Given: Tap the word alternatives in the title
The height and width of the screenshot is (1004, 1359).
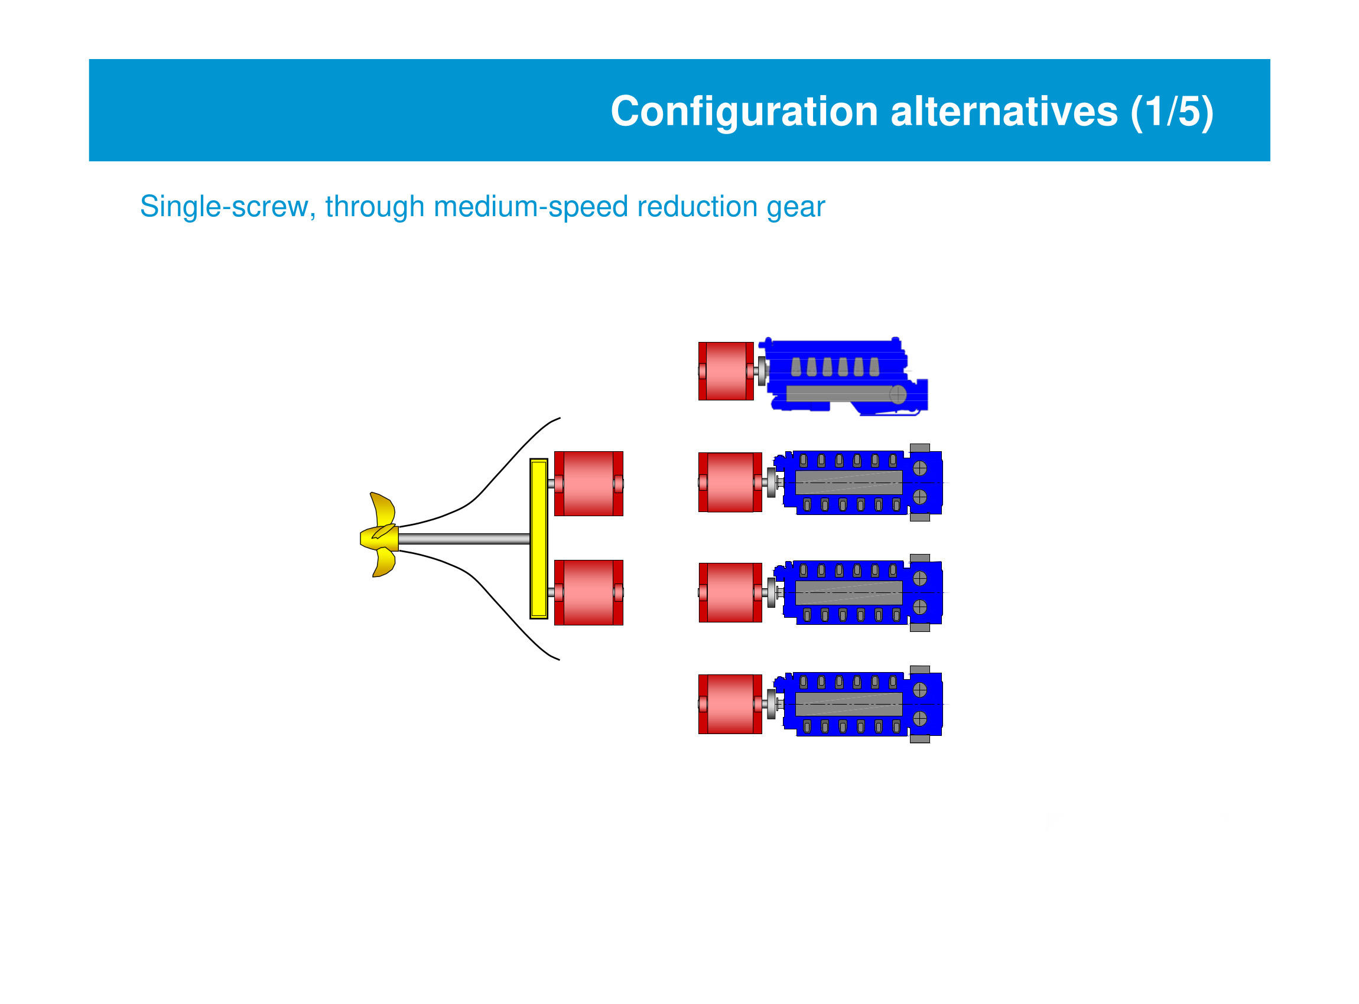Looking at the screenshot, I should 1003,112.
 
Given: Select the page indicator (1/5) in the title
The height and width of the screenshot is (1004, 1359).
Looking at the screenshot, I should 1172,112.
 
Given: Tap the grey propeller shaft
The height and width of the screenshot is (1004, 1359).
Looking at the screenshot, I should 464,539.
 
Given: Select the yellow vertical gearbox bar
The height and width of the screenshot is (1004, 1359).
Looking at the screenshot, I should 539,539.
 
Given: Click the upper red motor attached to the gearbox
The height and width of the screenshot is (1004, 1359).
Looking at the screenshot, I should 589,484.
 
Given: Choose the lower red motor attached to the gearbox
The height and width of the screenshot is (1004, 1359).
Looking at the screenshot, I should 589,592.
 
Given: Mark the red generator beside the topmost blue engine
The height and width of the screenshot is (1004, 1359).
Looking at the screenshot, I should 726,371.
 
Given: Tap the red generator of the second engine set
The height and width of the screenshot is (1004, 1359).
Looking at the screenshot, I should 730,483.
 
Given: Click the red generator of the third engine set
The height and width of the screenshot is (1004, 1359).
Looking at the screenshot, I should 730,592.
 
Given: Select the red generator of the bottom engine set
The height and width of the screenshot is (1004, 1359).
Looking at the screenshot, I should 730,705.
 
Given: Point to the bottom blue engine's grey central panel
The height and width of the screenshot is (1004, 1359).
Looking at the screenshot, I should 848,705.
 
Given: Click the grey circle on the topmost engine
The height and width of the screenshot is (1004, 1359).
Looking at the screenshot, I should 898,395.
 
